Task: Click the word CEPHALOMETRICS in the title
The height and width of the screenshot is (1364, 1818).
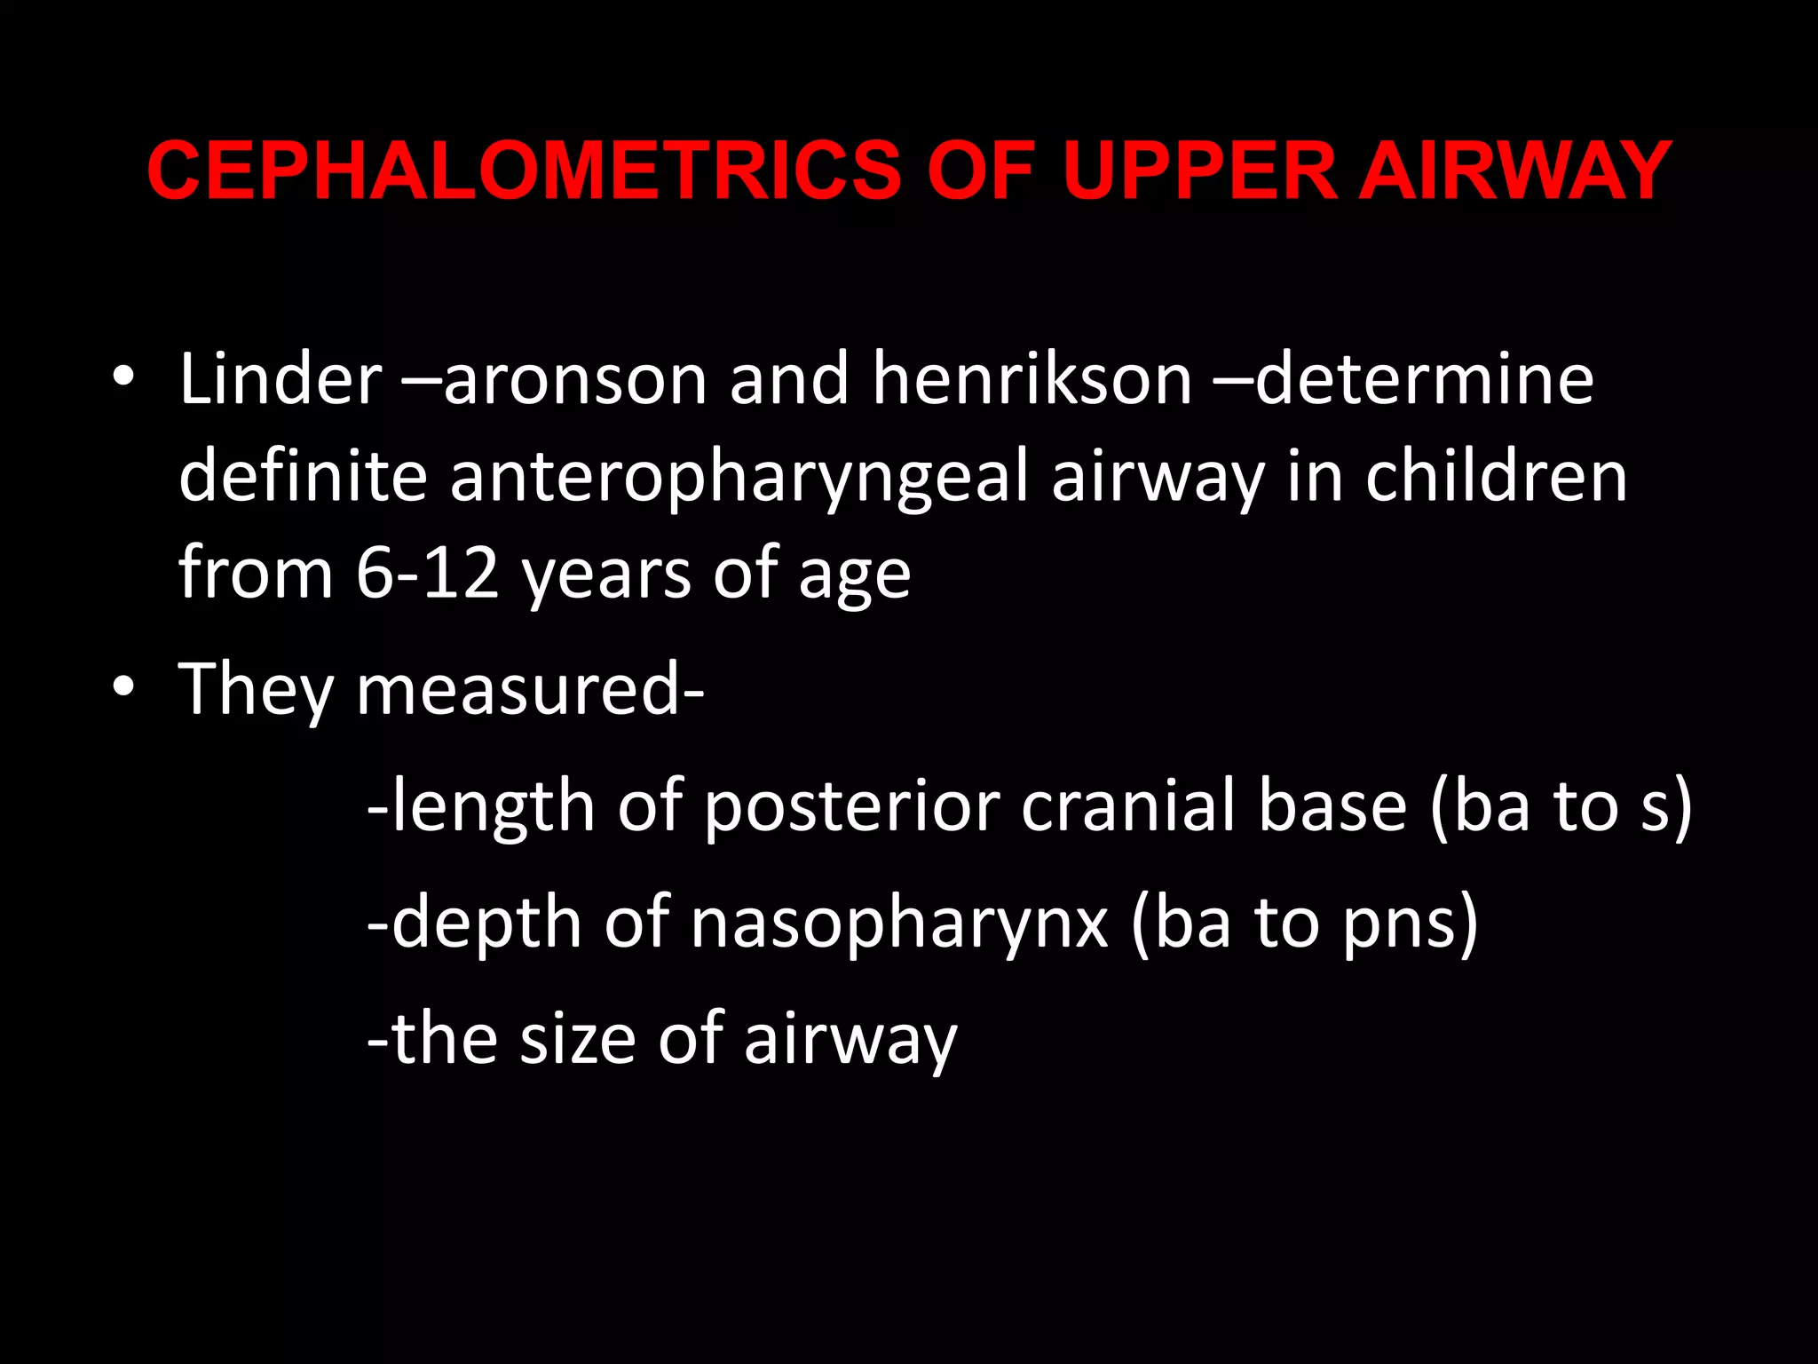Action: [524, 170]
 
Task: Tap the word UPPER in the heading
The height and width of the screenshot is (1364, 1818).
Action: [1199, 170]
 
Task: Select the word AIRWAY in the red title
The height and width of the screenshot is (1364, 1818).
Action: [1515, 170]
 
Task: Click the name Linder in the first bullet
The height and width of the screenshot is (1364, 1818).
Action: [281, 379]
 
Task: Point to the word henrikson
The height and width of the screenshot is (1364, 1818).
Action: [1032, 379]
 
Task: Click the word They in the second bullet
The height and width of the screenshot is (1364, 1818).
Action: [256, 691]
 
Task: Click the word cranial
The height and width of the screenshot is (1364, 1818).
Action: [1128, 806]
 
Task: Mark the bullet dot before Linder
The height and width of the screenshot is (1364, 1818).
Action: [123, 379]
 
